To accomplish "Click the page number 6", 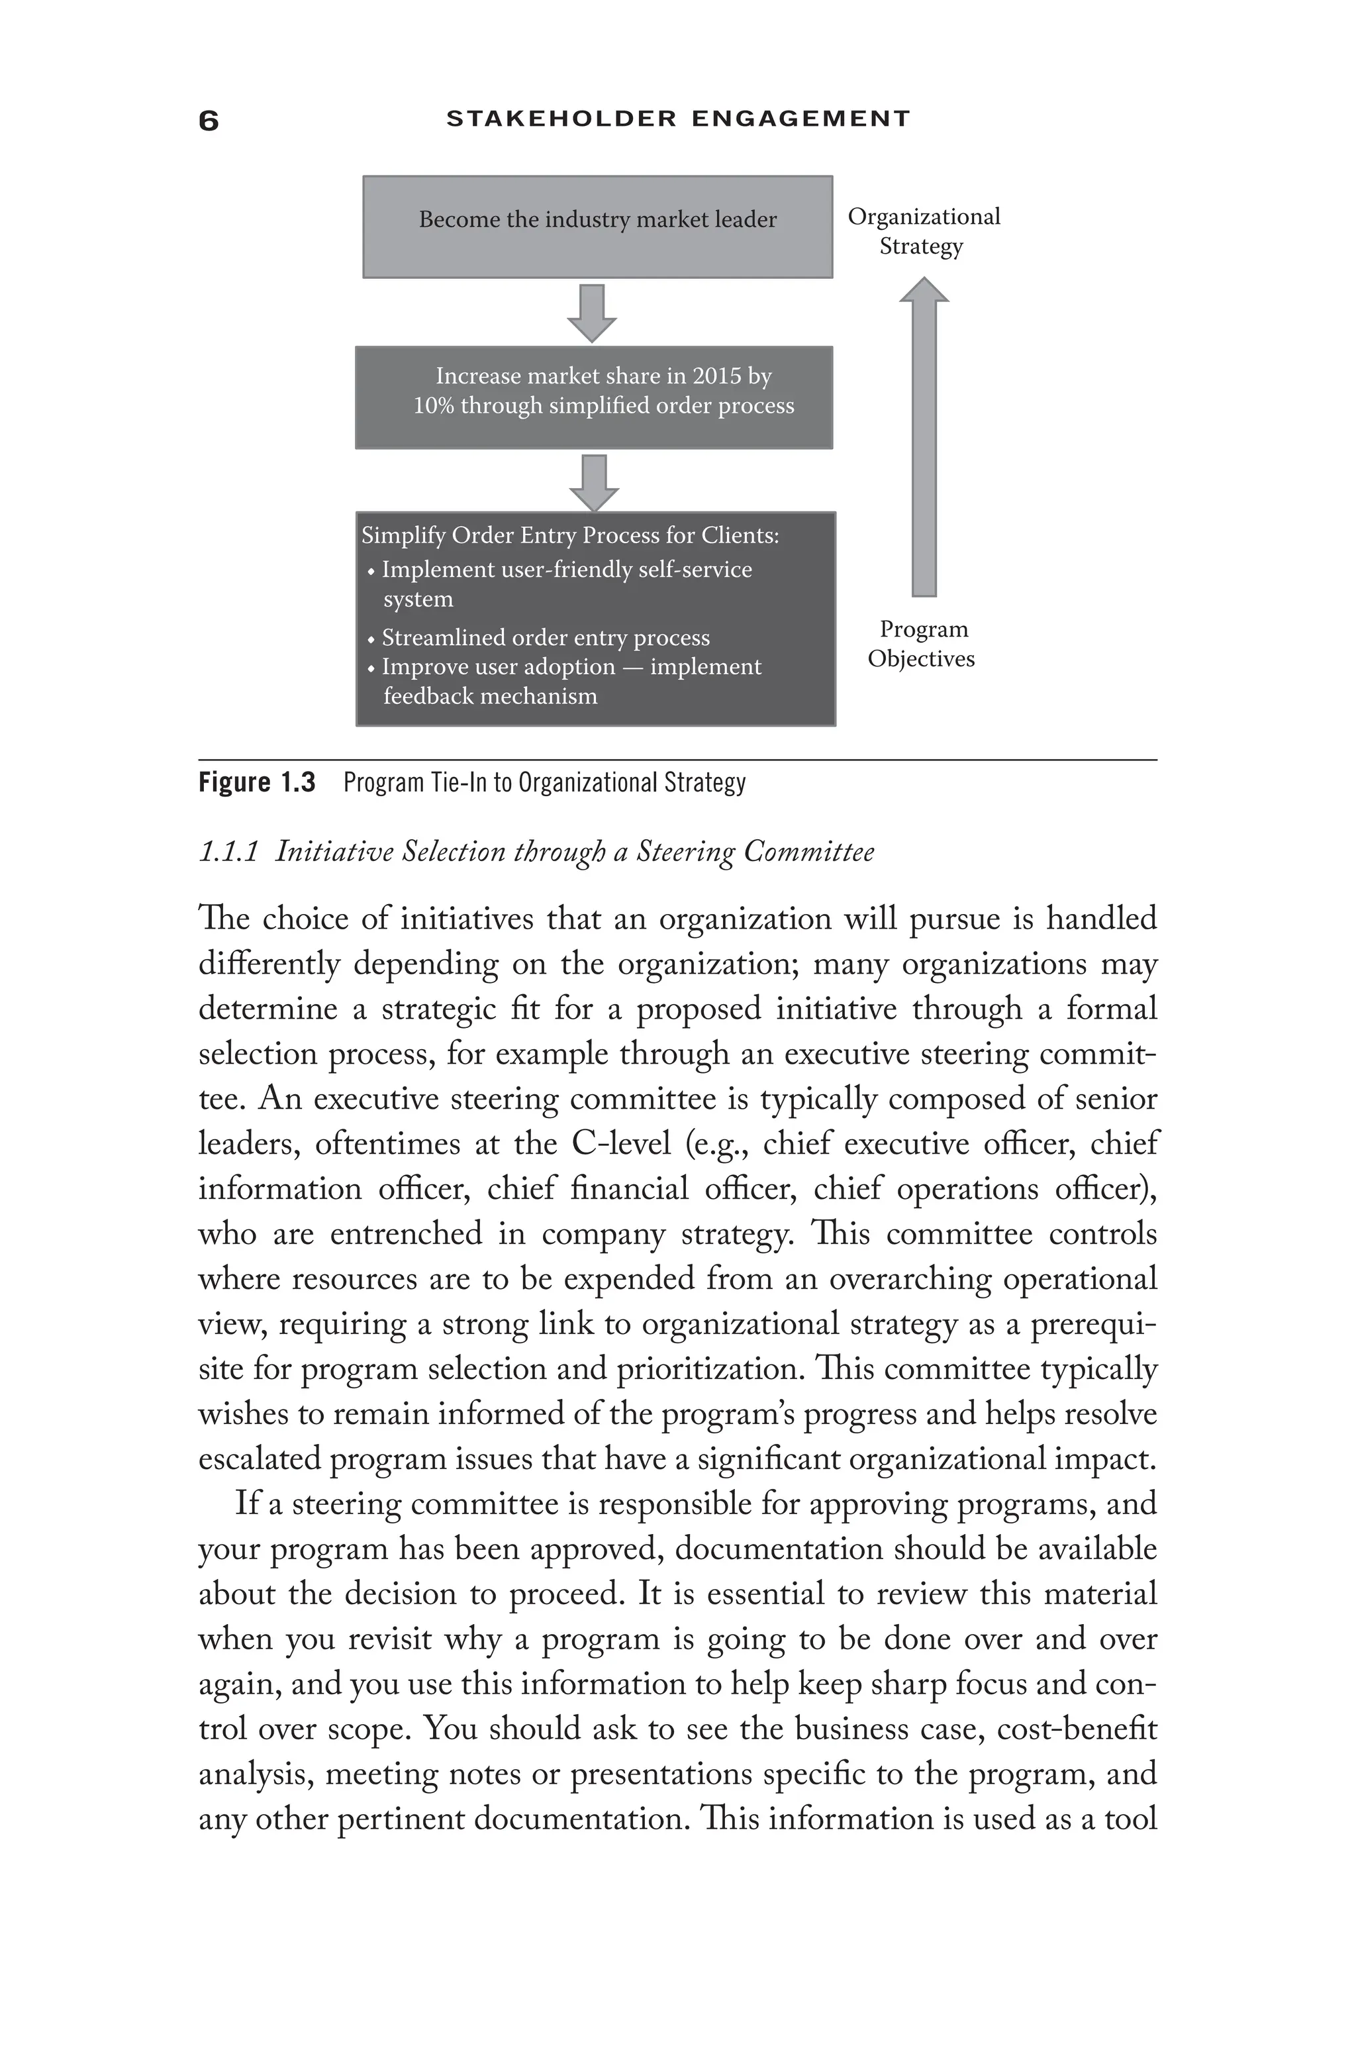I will point(209,120).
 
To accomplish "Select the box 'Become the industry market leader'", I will point(598,226).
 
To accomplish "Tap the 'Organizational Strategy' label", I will point(923,231).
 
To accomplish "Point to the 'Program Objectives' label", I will point(922,643).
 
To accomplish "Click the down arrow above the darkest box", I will point(594,483).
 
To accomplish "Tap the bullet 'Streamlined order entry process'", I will point(545,637).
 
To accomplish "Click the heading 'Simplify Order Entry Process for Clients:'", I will point(570,535).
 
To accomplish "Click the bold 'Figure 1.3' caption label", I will point(257,783).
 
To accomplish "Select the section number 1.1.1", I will point(228,852).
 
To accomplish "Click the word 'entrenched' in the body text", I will point(406,1233).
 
